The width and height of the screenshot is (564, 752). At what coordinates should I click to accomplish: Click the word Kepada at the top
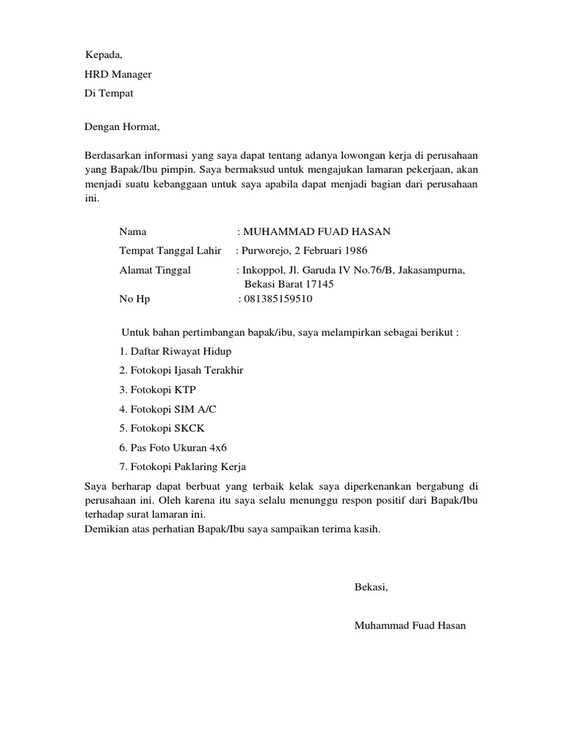pyautogui.click(x=103, y=55)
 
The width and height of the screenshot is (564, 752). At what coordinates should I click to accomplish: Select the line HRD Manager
pyautogui.click(x=119, y=74)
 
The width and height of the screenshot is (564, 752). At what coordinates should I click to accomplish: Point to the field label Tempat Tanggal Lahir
pyautogui.click(x=170, y=251)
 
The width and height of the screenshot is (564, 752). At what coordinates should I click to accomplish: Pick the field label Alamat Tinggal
pyautogui.click(x=155, y=270)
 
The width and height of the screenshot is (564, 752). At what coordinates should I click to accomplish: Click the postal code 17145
pyautogui.click(x=319, y=284)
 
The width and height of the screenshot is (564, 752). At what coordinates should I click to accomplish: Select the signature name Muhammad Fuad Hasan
pyautogui.click(x=409, y=626)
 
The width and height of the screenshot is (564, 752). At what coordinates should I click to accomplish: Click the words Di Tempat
pyautogui.click(x=109, y=93)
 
